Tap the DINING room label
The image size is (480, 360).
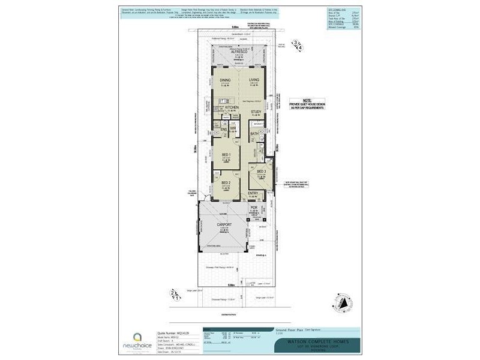tap(224, 79)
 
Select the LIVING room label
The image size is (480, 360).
tap(254, 79)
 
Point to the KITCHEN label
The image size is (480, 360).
tap(232, 107)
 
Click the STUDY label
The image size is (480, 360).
tap(256, 112)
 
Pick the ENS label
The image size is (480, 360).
tap(224, 129)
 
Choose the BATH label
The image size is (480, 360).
tap(254, 133)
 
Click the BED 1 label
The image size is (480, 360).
tap(226, 155)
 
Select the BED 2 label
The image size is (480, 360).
tap(226, 182)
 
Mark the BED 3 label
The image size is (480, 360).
tap(261, 172)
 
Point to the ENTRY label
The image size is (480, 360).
tap(253, 193)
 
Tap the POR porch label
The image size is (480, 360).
tap(254, 208)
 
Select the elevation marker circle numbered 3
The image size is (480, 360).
tap(296, 43)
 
